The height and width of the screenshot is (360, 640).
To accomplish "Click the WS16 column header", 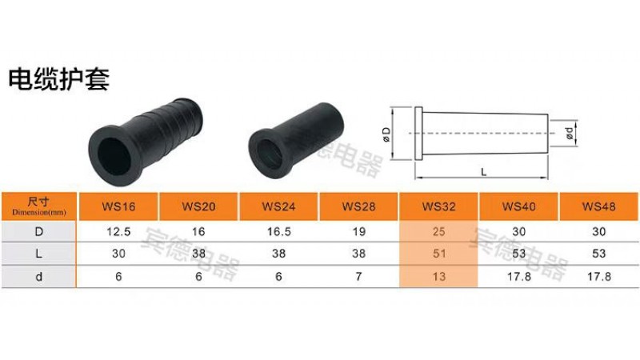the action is (118, 206).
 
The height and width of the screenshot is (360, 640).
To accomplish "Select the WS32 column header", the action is (438, 206).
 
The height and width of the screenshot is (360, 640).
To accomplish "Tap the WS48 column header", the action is (598, 206).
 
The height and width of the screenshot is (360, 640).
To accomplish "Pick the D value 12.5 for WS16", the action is (118, 232).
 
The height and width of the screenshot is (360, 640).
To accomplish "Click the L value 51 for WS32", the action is (439, 254).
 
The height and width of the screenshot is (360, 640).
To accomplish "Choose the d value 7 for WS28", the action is (358, 277).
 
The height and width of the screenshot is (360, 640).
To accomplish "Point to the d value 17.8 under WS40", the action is (519, 277).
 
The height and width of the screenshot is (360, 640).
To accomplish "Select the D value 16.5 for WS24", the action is (278, 232).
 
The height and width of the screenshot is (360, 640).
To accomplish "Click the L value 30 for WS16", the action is (118, 254).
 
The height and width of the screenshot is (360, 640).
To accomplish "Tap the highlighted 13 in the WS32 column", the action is (439, 277).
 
